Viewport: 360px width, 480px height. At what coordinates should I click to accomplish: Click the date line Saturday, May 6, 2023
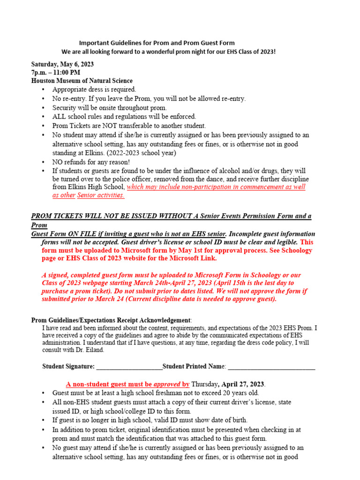(x=62, y=64)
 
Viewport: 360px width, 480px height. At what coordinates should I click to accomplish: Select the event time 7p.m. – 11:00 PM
(x=56, y=73)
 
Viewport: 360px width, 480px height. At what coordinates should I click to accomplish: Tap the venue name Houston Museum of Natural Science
(x=82, y=81)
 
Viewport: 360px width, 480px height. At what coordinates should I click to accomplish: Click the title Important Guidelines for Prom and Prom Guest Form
(x=157, y=43)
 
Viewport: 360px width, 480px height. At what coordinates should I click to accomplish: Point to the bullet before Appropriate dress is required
(x=44, y=90)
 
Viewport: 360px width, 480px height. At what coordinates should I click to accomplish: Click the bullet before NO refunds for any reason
(x=44, y=162)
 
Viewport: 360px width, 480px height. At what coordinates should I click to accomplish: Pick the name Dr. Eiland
(x=92, y=350)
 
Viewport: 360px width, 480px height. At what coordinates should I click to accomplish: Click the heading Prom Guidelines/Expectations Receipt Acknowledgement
(x=111, y=320)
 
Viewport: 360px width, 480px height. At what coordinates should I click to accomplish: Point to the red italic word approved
(x=167, y=383)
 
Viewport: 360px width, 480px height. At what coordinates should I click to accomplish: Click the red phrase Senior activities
(x=101, y=195)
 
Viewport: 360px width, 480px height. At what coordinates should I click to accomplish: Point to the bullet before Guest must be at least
(x=44, y=393)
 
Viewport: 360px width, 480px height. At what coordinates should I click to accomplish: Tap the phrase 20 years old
(x=239, y=393)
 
